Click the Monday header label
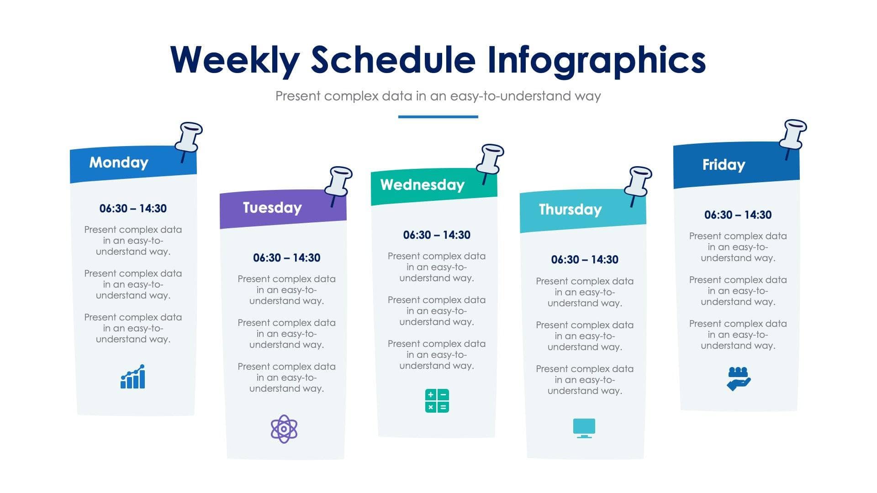[119, 163]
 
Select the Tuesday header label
[272, 208]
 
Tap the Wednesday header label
[422, 185]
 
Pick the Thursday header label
[570, 210]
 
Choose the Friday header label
[724, 165]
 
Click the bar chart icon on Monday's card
[133, 377]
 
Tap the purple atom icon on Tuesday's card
[284, 429]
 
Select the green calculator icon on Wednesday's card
[437, 401]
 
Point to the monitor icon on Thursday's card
[584, 428]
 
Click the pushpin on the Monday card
[189, 137]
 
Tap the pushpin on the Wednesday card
[490, 160]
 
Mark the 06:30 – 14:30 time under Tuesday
[286, 258]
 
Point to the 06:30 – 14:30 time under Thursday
[584, 260]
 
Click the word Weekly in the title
[235, 60]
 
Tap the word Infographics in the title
[596, 60]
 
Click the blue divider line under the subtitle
[438, 117]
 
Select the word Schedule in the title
[393, 60]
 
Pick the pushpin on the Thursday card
[638, 182]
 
